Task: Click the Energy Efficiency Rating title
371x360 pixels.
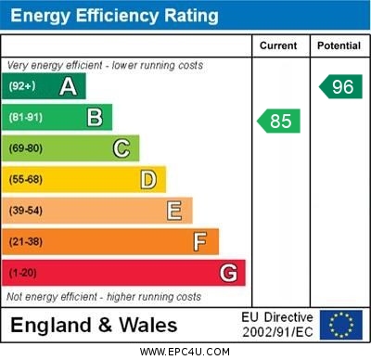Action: click(115, 16)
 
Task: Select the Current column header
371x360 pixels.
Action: click(278, 45)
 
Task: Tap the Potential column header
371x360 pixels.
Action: click(339, 45)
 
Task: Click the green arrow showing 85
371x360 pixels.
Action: click(279, 121)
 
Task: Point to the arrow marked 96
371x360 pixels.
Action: click(340, 86)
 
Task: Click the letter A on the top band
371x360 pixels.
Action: click(68, 86)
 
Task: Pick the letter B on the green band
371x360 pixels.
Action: click(95, 118)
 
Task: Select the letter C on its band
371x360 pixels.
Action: click(122, 148)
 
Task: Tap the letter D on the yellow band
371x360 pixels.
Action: click(148, 179)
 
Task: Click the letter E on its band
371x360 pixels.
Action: click(174, 211)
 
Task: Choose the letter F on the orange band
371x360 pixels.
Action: click(200, 242)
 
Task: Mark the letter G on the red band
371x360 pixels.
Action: click(228, 274)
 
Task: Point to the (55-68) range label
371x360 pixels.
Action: click(26, 180)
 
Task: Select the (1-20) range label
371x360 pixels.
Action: click(23, 274)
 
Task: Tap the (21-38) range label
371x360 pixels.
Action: click(26, 242)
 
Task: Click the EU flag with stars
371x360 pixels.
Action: click(341, 325)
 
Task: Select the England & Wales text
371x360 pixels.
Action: click(94, 326)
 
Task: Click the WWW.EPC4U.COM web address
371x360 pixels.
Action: click(185, 352)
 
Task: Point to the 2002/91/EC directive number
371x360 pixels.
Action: click(277, 332)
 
